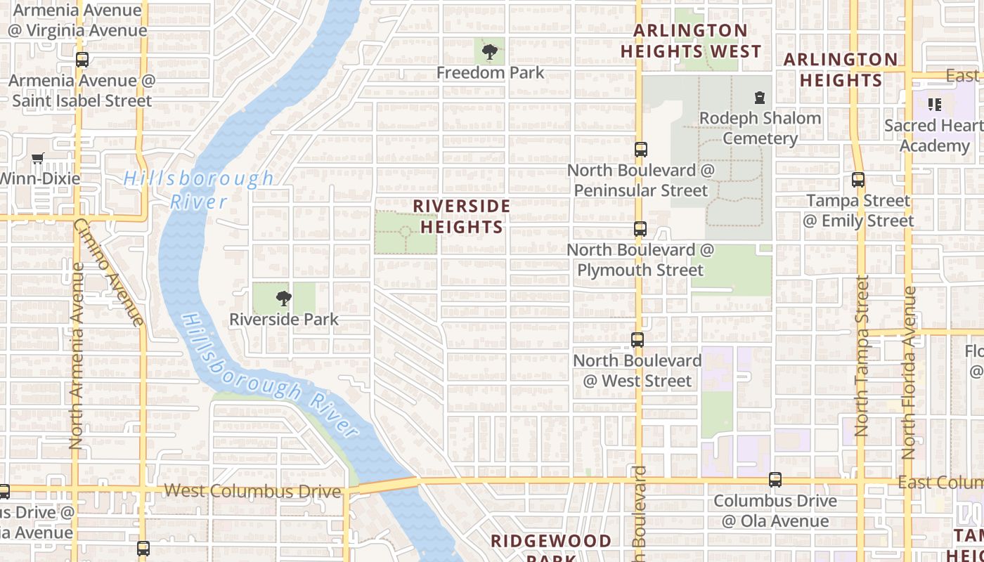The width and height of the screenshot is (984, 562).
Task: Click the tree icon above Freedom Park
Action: coord(490,51)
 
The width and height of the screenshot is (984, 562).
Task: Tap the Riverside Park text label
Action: coord(284,320)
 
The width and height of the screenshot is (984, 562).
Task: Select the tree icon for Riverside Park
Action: coord(284,299)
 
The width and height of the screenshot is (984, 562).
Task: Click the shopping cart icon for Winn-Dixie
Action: coord(38,159)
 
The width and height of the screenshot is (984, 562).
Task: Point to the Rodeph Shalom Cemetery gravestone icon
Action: coord(759,97)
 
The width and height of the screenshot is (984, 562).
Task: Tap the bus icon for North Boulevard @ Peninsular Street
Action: coord(640,150)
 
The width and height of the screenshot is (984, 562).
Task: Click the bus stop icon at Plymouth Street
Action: coord(640,229)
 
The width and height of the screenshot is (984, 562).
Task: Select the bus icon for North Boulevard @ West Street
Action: coord(637,340)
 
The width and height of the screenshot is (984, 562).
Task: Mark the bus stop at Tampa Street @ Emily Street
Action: coord(858,180)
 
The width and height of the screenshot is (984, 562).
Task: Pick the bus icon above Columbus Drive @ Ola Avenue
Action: coord(775,480)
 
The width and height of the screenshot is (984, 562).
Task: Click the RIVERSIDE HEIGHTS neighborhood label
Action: coord(461,216)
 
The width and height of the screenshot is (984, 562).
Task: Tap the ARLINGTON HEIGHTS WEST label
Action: coord(690,41)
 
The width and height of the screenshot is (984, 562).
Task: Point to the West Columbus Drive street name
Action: coord(252,491)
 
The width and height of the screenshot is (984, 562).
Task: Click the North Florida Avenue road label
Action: coord(909,372)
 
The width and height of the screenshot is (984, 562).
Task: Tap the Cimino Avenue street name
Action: coord(110,273)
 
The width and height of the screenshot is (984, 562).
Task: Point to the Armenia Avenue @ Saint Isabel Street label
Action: coord(82,91)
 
